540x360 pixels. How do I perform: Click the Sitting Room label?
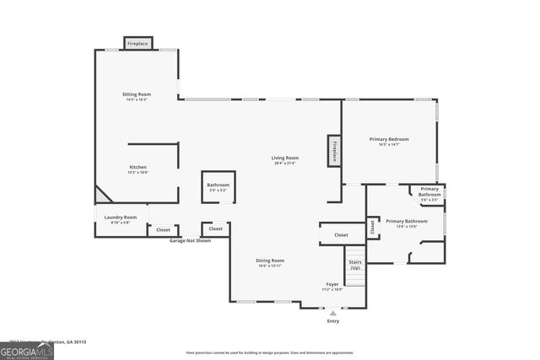tap(136, 94)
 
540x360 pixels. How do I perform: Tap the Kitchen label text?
tap(138, 168)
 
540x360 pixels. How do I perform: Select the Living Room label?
tap(284, 159)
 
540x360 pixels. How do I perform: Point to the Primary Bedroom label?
tap(389, 139)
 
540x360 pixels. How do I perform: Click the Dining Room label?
tap(270, 261)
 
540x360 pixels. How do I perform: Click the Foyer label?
tap(332, 285)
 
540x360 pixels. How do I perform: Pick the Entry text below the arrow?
tap(332, 321)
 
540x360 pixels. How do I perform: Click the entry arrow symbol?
tap(332, 313)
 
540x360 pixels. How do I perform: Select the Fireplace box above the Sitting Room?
tap(138, 42)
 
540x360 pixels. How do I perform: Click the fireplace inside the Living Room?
tap(334, 151)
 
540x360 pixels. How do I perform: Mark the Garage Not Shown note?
tap(190, 240)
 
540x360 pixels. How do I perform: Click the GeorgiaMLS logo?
tap(27, 350)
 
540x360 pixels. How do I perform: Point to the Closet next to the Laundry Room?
tap(163, 229)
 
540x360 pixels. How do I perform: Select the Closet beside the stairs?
tap(341, 235)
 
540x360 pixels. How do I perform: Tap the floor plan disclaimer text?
tap(270, 352)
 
